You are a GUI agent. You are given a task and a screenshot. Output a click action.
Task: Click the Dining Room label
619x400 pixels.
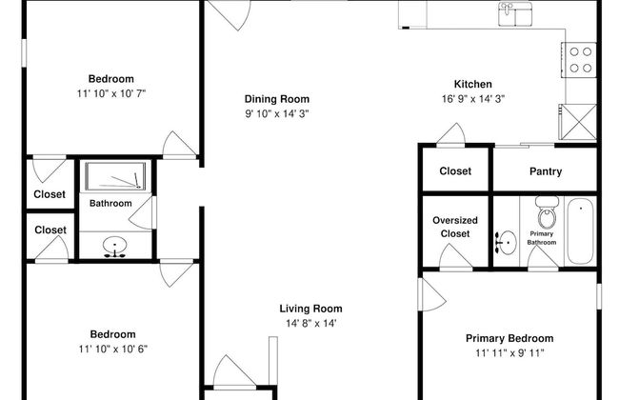(x=277, y=99)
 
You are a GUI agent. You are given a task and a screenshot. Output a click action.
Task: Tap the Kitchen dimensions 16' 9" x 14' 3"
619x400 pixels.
(x=473, y=99)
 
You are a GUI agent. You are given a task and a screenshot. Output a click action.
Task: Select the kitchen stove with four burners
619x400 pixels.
(x=579, y=60)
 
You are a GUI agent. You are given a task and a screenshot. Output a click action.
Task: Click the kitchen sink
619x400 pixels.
(x=515, y=14)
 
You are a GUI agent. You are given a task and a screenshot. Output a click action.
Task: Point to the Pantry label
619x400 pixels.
(x=546, y=171)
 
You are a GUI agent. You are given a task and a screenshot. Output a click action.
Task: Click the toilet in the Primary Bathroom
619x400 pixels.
(x=547, y=212)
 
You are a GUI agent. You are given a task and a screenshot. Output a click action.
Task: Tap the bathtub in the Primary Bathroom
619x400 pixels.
(x=580, y=230)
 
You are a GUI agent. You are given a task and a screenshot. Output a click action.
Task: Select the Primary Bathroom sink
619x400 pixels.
(x=506, y=243)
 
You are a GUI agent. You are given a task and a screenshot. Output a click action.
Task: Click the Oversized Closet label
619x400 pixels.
(x=455, y=227)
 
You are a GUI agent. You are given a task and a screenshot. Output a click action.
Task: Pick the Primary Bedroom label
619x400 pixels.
(x=509, y=338)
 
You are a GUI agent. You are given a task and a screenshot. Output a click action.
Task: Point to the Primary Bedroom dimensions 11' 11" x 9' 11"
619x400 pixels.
(x=509, y=353)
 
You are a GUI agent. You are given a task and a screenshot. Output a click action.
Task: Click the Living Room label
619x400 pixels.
(x=311, y=309)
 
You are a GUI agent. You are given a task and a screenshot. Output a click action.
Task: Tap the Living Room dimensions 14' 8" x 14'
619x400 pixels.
(x=311, y=324)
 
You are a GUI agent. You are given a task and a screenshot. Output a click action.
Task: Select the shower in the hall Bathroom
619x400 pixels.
(x=115, y=176)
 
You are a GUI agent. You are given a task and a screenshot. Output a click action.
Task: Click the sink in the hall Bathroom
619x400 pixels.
(x=115, y=247)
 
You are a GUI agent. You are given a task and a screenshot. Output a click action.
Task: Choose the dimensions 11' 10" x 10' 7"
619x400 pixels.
(x=111, y=93)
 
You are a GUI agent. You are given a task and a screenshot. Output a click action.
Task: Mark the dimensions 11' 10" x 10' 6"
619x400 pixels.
(x=113, y=350)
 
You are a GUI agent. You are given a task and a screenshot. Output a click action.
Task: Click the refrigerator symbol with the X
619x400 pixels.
(x=577, y=122)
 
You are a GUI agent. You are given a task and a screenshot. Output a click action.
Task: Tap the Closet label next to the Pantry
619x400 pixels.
(x=455, y=171)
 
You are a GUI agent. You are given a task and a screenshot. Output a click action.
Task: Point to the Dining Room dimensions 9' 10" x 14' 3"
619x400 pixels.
(x=277, y=113)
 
